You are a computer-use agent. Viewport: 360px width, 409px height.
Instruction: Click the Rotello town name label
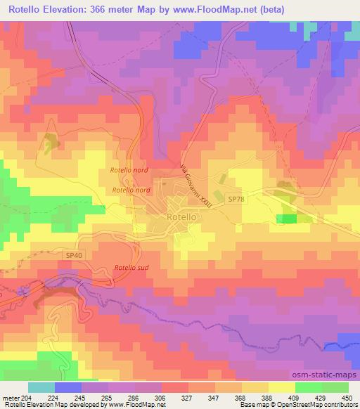(181, 218)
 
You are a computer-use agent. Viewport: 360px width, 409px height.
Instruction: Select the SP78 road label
(237, 200)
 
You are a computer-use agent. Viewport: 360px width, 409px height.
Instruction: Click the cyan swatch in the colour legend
(41, 387)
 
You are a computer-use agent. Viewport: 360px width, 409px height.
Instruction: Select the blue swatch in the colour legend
(68, 387)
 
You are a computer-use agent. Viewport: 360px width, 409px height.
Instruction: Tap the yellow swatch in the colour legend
(281, 387)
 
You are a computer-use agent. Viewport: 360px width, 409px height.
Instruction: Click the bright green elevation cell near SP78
(286, 219)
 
